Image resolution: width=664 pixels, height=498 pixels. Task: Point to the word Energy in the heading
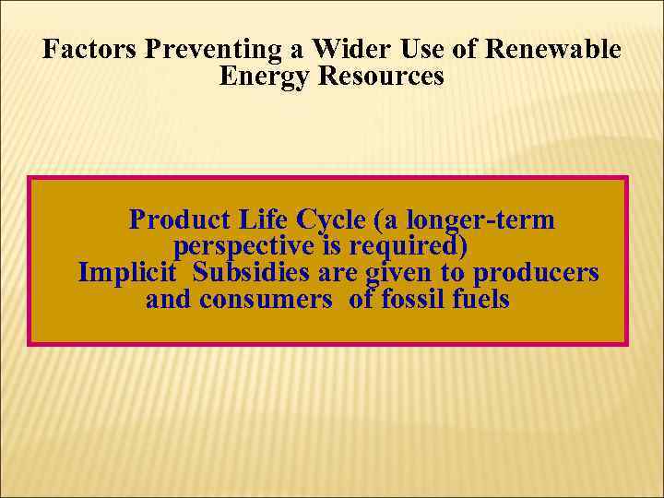(x=265, y=77)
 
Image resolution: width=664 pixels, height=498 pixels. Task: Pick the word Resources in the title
(x=381, y=77)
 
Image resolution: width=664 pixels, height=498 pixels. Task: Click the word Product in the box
(x=179, y=220)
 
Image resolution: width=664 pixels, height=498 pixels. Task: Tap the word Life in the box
(x=263, y=220)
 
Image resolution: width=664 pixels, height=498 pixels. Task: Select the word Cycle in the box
(x=332, y=220)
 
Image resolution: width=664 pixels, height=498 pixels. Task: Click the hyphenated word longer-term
(x=481, y=220)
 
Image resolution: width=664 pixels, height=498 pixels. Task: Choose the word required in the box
(x=406, y=247)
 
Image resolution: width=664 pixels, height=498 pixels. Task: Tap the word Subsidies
(x=252, y=274)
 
